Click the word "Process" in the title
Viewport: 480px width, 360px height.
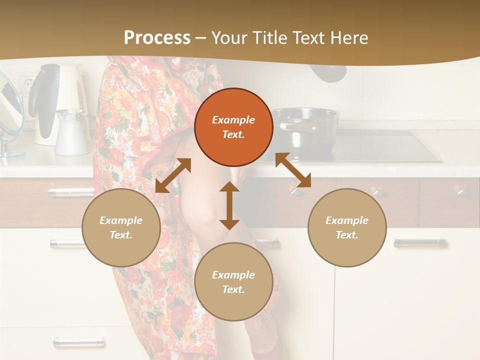point(157,38)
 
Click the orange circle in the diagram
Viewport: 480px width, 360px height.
point(233,127)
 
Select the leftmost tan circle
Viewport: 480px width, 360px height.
point(121,227)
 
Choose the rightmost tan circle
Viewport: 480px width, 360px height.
point(347,227)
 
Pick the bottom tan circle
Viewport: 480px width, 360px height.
point(233,282)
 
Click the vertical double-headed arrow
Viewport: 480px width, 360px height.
point(229,205)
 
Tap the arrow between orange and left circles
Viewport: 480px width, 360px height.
point(173,175)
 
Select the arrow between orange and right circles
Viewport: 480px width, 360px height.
point(293,170)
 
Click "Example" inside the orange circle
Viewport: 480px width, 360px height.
point(233,120)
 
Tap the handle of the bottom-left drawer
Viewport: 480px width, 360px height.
point(79,342)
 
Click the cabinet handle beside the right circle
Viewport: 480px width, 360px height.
point(419,243)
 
